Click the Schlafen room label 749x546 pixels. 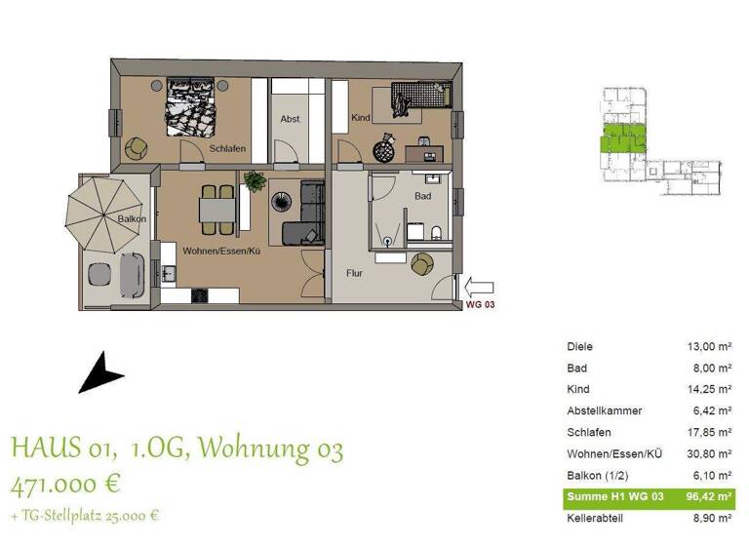coord(226,148)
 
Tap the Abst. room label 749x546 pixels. coord(290,119)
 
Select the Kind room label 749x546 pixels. coord(360,118)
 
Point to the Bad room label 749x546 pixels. coord(422,196)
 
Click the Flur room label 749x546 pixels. coord(354,273)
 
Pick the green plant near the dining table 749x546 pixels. coord(256,180)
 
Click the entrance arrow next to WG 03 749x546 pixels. coord(480,288)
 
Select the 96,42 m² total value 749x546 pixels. coord(711,497)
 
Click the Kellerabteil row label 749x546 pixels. coord(597,519)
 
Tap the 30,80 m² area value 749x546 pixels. coord(710,454)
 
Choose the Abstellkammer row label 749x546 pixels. coord(606,411)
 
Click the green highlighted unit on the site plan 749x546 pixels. coord(621,138)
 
